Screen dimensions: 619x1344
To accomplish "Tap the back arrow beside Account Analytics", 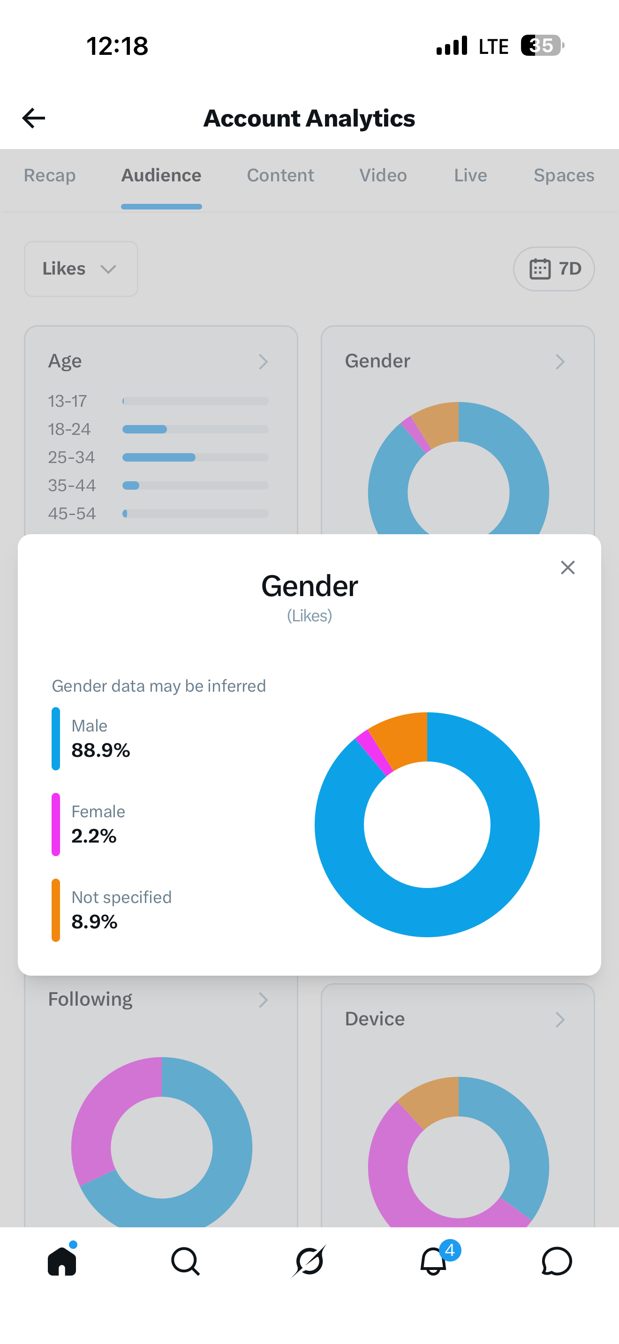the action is (33, 118).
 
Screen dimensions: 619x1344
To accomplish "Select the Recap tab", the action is (50, 175).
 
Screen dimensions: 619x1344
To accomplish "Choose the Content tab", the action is (280, 175).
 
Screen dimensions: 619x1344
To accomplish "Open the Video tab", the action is (383, 175).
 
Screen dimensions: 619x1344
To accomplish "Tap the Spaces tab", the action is (564, 175).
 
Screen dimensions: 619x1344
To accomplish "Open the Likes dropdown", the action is (81, 269).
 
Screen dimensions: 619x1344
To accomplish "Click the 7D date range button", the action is (554, 269).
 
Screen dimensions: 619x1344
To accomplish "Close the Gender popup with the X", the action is (568, 567).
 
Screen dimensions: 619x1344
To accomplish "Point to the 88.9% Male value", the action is (101, 750).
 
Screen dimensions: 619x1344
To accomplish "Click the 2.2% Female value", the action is (94, 836).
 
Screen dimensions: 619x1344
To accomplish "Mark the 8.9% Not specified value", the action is (94, 921).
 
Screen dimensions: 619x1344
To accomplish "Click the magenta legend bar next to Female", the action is (56, 824).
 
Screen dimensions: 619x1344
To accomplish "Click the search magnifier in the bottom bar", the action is (185, 1261).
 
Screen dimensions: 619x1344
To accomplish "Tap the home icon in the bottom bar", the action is (62, 1261).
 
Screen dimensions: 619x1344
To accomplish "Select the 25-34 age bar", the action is (159, 457).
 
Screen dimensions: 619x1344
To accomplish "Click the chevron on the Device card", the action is (560, 1019).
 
